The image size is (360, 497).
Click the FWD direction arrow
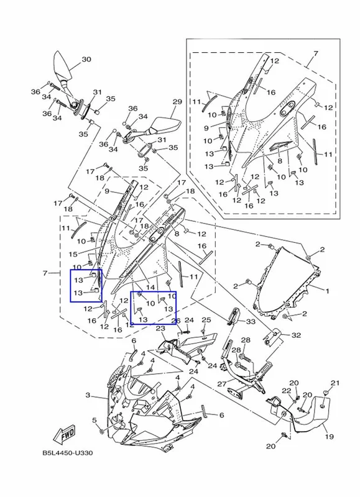(65, 434)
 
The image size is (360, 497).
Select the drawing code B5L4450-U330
(68, 453)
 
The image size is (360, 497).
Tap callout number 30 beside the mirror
(86, 59)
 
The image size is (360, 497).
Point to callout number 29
(177, 102)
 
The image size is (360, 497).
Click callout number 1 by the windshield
(327, 290)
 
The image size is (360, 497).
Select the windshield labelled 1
(287, 281)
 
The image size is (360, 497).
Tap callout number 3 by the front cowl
(88, 395)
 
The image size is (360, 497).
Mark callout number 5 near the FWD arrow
(95, 421)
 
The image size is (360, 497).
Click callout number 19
(330, 437)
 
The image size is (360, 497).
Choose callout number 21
(335, 383)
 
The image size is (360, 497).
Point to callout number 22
(287, 391)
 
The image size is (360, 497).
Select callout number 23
(161, 328)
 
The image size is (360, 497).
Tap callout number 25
(206, 320)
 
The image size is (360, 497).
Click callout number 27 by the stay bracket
(222, 384)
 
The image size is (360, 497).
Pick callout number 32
(296, 335)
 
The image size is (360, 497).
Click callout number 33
(251, 322)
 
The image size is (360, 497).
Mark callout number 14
(150, 287)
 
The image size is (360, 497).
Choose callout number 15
(73, 254)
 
